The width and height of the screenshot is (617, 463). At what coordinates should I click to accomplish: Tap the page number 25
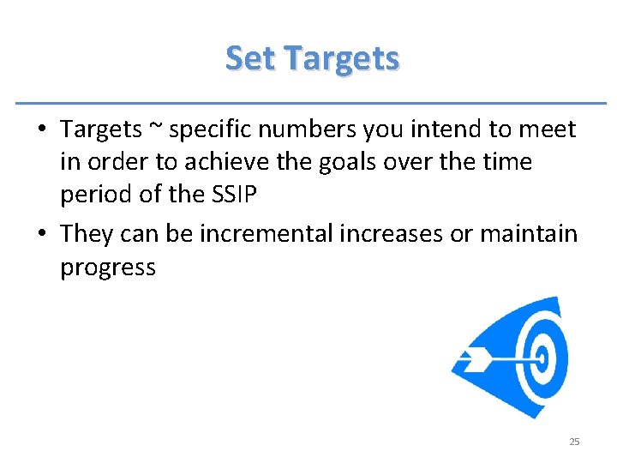coord(574,442)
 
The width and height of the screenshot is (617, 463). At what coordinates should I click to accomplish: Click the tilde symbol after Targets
coord(154,129)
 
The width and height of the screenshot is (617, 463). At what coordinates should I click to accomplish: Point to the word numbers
coord(308,129)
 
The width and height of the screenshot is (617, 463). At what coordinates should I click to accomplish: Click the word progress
coord(107,268)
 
